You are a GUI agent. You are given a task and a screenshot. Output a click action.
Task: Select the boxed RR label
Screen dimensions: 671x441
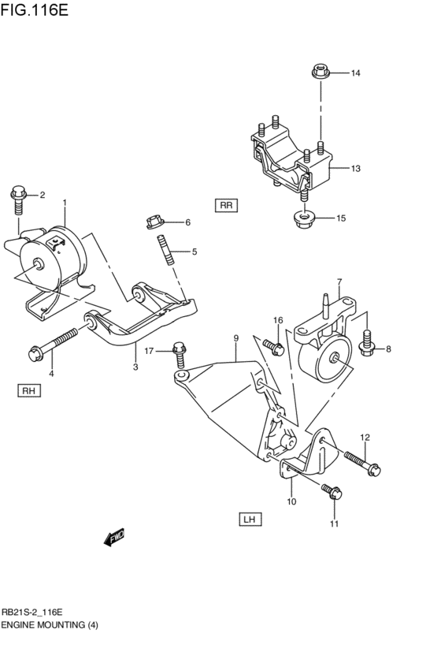(226, 206)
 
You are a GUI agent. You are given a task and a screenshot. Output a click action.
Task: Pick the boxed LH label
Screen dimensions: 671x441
(250, 519)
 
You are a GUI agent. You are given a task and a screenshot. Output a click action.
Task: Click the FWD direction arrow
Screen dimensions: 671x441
(115, 538)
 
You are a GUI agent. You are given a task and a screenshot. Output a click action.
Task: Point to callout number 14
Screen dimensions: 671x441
(355, 73)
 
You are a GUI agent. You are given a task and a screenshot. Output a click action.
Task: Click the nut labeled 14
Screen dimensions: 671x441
(320, 72)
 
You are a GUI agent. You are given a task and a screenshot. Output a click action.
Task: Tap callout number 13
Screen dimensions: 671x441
(355, 169)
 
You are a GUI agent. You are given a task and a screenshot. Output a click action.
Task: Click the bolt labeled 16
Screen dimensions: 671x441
(273, 345)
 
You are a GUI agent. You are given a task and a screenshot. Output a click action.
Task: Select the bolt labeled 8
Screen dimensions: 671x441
(367, 341)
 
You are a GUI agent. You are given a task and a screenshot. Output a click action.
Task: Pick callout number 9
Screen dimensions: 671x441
(235, 338)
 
